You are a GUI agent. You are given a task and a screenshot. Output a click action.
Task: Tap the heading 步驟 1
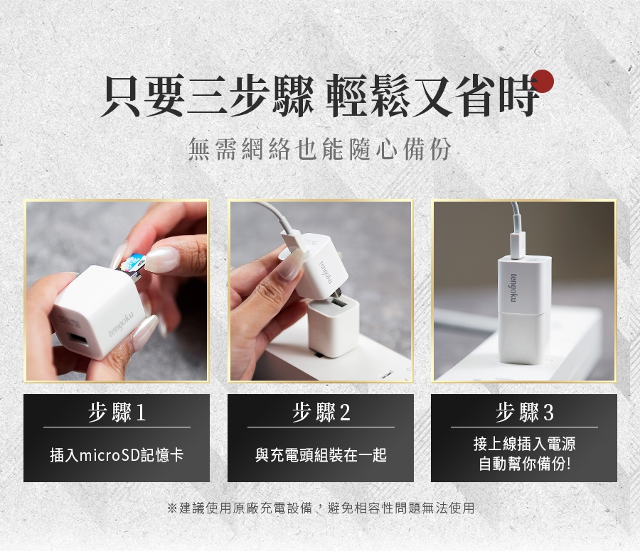pyautogui.click(x=117, y=412)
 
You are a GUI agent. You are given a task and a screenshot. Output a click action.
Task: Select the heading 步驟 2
pyautogui.click(x=321, y=412)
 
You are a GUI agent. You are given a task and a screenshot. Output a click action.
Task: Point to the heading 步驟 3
pyautogui.click(x=525, y=412)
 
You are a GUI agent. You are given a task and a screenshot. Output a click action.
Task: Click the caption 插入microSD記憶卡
pyautogui.click(x=117, y=455)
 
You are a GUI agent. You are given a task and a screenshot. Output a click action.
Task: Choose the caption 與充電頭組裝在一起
pyautogui.click(x=321, y=455)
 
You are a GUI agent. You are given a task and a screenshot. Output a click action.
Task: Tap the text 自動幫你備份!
pyautogui.click(x=525, y=464)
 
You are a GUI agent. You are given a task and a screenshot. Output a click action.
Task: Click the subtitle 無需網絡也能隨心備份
pyautogui.click(x=319, y=148)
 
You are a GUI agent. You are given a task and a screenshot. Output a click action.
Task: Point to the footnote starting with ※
pyautogui.click(x=321, y=508)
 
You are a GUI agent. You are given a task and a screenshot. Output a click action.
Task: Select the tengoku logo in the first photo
pyautogui.click(x=121, y=327)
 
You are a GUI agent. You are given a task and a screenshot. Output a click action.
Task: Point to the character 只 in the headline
pyautogui.click(x=121, y=96)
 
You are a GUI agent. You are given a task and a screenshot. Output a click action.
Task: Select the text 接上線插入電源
pyautogui.click(x=525, y=444)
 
